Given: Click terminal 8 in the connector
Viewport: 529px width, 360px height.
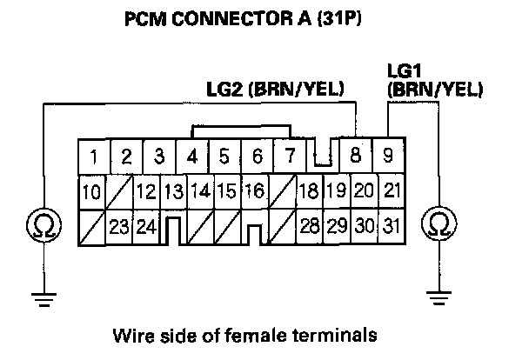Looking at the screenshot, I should click(x=355, y=158).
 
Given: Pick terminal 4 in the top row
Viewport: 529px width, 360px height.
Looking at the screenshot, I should click(x=191, y=158).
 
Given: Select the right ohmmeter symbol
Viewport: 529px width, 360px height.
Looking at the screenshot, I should click(x=439, y=226).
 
